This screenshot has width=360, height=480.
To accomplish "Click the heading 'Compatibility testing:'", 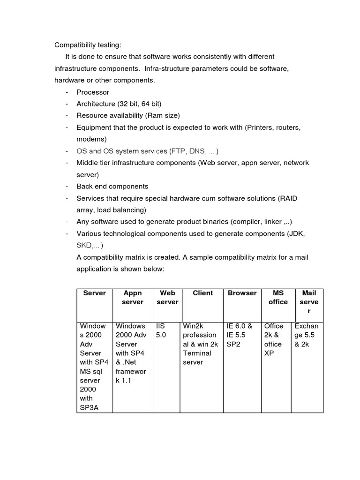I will [88, 45].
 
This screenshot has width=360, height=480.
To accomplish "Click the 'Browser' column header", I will [242, 293].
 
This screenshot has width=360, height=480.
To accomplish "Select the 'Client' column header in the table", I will [202, 293].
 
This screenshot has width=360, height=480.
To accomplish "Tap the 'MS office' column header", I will [278, 298].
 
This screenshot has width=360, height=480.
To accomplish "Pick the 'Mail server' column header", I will [309, 302].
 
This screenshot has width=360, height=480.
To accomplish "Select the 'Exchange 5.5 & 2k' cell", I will [307, 335].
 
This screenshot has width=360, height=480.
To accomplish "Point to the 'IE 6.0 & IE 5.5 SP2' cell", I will [240, 335].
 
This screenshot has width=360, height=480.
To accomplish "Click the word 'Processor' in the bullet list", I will [93, 92].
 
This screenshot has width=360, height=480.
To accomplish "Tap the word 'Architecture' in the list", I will [96, 104].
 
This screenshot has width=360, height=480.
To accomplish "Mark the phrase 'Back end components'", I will [112, 187].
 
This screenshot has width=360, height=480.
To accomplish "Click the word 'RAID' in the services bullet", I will [288, 198].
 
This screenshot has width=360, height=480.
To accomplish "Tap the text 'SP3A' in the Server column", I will [90, 407].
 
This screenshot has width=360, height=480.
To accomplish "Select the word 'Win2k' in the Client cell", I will [192, 326].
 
